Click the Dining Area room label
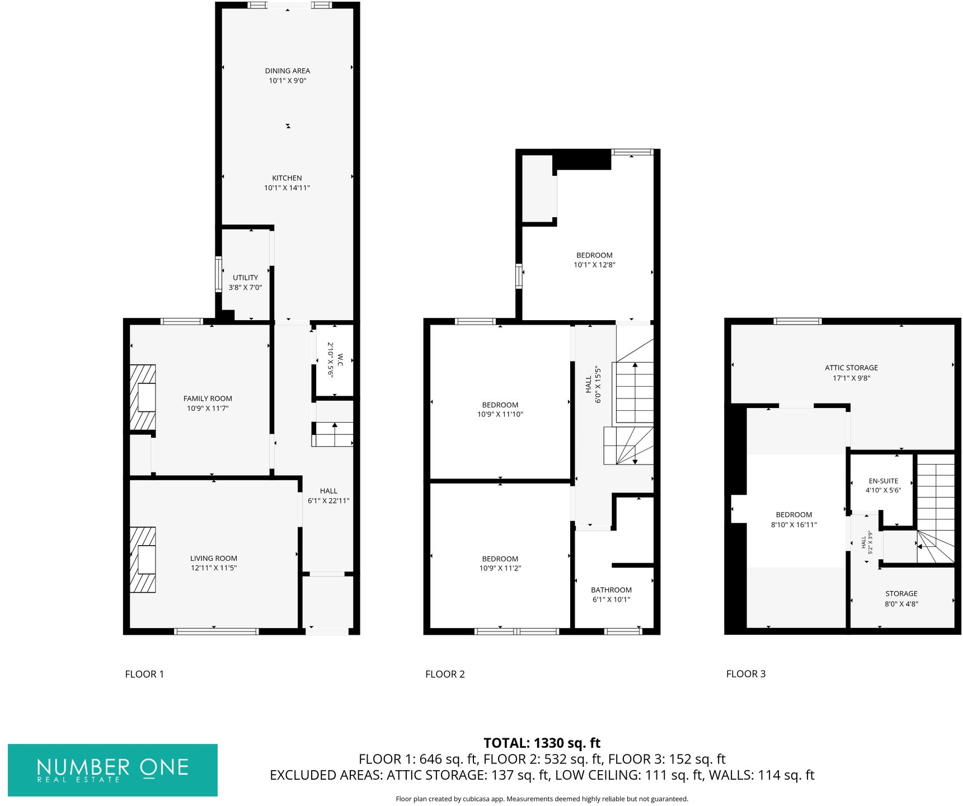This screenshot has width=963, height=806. pos(287,71)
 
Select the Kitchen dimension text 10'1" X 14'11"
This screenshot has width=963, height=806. pos(286,188)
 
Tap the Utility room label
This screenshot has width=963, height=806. pos(245,278)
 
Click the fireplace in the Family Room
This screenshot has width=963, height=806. pos(143,397)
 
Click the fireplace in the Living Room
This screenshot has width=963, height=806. pos(143,559)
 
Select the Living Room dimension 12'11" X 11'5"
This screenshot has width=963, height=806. pos(214,568)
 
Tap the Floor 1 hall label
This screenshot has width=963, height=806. pos(328,491)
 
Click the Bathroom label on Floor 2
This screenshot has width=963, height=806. pos(611,590)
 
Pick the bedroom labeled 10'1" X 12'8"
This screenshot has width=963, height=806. pos(594,260)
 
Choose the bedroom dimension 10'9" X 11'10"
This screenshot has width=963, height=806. pos(500,415)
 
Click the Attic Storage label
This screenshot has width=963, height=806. pos(851,368)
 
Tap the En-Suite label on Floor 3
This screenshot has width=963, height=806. pos(883,481)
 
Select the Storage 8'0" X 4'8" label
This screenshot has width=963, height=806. pos(901,598)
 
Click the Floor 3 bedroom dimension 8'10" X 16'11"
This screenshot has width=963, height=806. pos(793,525)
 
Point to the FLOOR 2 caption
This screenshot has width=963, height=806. pos(445,674)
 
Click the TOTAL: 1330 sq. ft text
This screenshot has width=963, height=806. pos(542,743)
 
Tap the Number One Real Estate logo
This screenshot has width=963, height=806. pos(112,770)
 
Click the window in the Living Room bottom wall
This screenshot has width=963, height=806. pos(216,631)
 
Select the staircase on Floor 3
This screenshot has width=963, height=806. pos(936,504)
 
